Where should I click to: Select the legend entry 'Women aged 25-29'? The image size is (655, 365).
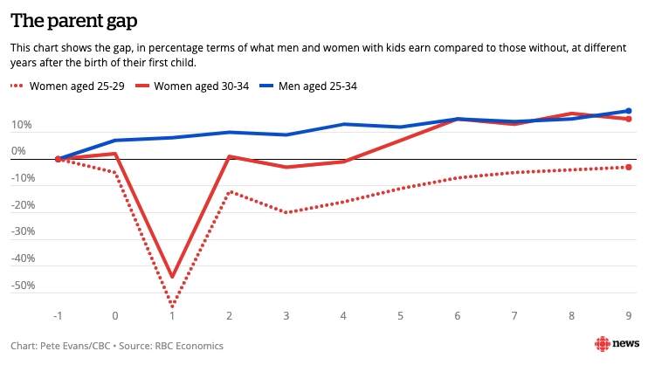tap(72, 86)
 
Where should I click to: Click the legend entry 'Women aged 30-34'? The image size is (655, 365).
tap(207, 86)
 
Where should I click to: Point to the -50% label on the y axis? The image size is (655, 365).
tap(22, 286)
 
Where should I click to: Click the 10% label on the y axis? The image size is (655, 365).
tap(22, 125)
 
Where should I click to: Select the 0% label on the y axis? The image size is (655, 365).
tap(19, 152)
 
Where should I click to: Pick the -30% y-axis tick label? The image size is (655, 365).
tap(22, 232)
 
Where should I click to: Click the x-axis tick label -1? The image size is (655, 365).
tap(58, 315)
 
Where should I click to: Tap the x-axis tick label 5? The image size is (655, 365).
tap(401, 315)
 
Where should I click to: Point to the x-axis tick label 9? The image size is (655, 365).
tap(629, 315)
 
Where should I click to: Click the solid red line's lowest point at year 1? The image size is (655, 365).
tap(172, 277)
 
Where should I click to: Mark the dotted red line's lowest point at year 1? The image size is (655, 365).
tap(172, 306)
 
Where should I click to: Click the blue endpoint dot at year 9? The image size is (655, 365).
tap(629, 111)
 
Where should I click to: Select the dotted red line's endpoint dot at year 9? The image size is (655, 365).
tap(629, 167)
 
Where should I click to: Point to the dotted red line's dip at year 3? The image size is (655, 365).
tap(286, 212)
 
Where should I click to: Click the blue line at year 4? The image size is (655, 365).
tap(343, 124)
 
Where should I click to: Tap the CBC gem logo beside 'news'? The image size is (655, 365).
tap(603, 344)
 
